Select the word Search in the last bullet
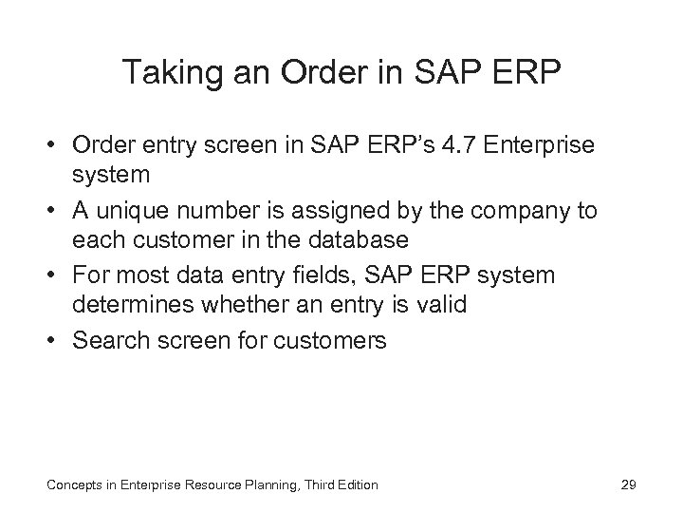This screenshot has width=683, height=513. [111, 340]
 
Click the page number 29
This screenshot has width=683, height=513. [627, 485]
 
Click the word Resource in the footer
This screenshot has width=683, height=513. [209, 485]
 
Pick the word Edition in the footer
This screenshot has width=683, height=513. [355, 485]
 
